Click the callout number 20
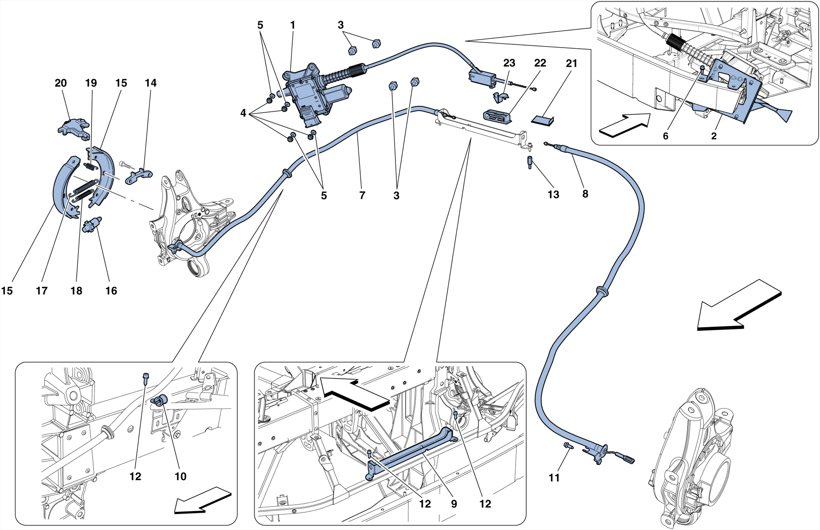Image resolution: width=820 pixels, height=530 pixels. pos(60,83)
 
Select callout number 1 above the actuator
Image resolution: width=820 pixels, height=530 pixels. pos(293,25)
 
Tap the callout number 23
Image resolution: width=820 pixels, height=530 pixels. pos(509,63)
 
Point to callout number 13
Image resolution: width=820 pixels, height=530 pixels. pos(553,195)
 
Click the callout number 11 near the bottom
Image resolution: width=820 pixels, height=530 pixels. pos(554,478)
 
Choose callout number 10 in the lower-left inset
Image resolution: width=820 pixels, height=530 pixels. pos(181,476)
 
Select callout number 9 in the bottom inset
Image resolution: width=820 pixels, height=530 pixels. pos(454,504)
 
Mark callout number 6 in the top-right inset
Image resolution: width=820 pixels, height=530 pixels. pos(665,136)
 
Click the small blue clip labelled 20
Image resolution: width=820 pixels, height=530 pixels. pos(73,127)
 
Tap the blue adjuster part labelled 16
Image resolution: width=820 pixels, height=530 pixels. pos(91,225)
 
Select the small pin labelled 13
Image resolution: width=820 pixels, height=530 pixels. pos(530,162)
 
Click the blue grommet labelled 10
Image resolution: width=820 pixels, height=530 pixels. pos(161,400)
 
